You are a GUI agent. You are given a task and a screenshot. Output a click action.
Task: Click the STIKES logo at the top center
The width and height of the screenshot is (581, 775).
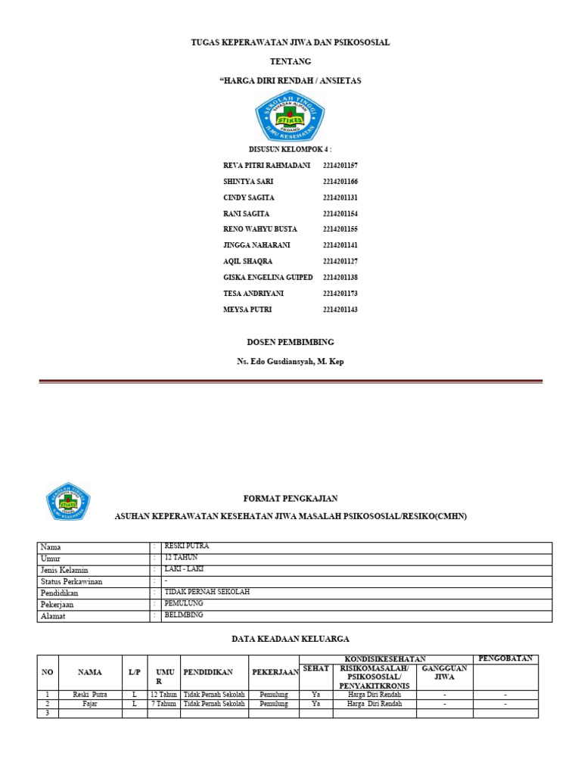[x=290, y=115]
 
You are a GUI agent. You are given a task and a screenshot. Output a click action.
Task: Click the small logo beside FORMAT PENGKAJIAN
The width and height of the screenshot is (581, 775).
[x=68, y=501]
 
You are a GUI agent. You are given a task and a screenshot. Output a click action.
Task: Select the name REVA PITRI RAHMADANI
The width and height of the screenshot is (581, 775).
[x=267, y=165]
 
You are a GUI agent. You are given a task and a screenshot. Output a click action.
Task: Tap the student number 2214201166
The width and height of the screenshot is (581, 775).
[x=340, y=182]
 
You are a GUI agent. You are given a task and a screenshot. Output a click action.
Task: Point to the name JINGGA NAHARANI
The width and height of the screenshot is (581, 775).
[x=256, y=245]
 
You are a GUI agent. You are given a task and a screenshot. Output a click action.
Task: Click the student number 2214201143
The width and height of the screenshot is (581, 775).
[x=340, y=310]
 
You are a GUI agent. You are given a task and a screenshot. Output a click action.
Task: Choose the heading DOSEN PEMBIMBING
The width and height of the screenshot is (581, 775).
[x=290, y=342]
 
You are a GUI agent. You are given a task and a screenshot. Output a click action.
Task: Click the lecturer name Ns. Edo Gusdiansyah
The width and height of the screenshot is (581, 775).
[x=290, y=362]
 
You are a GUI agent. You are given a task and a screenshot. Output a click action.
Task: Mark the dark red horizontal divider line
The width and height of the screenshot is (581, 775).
[x=290, y=382]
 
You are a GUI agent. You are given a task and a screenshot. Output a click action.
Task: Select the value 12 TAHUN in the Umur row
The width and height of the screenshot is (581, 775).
[x=181, y=557]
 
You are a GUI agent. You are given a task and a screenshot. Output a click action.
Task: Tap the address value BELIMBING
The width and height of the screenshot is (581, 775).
[x=185, y=616]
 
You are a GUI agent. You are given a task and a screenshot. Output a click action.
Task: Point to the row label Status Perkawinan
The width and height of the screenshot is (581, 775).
[x=72, y=581]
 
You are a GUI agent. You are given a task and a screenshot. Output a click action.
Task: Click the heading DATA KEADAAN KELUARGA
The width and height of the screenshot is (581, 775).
[x=290, y=640]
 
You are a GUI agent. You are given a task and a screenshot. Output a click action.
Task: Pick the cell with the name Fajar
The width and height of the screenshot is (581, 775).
[x=90, y=703]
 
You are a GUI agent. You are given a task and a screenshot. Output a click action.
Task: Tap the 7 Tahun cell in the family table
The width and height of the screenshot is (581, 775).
[x=163, y=703]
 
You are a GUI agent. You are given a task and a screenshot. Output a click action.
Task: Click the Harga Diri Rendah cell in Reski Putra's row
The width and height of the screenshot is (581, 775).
[x=374, y=693]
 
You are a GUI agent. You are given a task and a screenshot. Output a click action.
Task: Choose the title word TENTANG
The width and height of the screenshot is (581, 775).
[x=290, y=61]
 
